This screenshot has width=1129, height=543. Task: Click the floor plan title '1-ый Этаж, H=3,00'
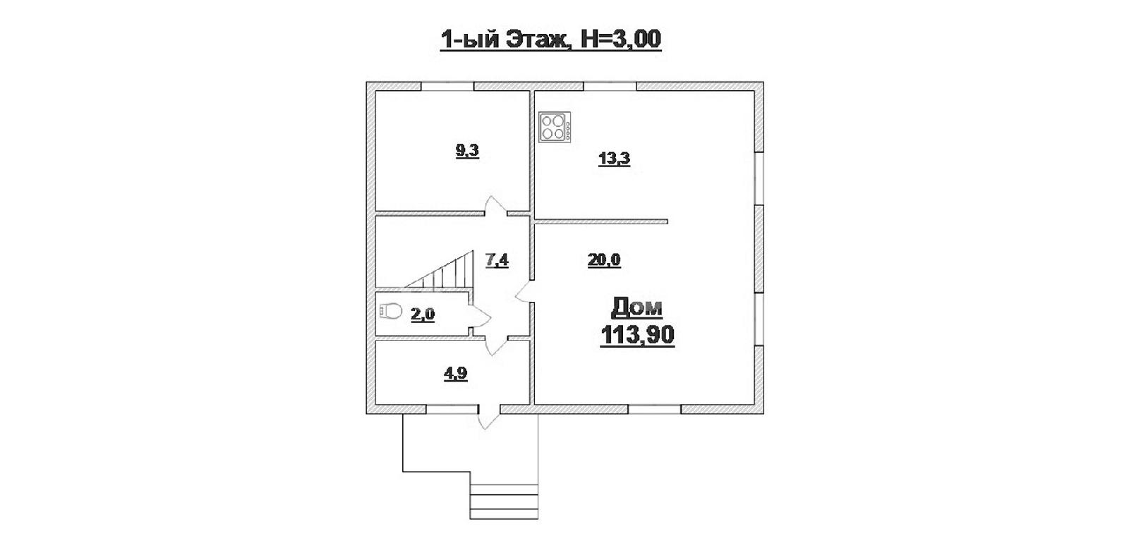point(550,39)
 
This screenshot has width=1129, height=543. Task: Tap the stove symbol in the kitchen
point(555,127)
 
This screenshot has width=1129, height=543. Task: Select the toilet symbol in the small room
point(391,311)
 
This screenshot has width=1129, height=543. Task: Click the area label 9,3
point(467,151)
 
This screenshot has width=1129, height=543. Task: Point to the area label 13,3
point(614,159)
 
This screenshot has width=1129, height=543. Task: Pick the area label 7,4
point(497,260)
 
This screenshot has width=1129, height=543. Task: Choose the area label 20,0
point(604,260)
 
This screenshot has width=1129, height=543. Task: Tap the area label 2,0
point(423,315)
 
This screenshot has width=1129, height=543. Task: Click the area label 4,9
point(455,374)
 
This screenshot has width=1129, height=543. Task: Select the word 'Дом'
point(636,307)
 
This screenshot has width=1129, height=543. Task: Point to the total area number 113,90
point(637,336)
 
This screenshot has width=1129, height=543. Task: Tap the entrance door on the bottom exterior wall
point(488,416)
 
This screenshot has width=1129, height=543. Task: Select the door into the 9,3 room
point(496,206)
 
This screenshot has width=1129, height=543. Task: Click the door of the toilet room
point(479,317)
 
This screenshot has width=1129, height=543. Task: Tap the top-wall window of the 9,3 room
point(447,86)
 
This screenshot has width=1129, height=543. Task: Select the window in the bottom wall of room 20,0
point(655,409)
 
